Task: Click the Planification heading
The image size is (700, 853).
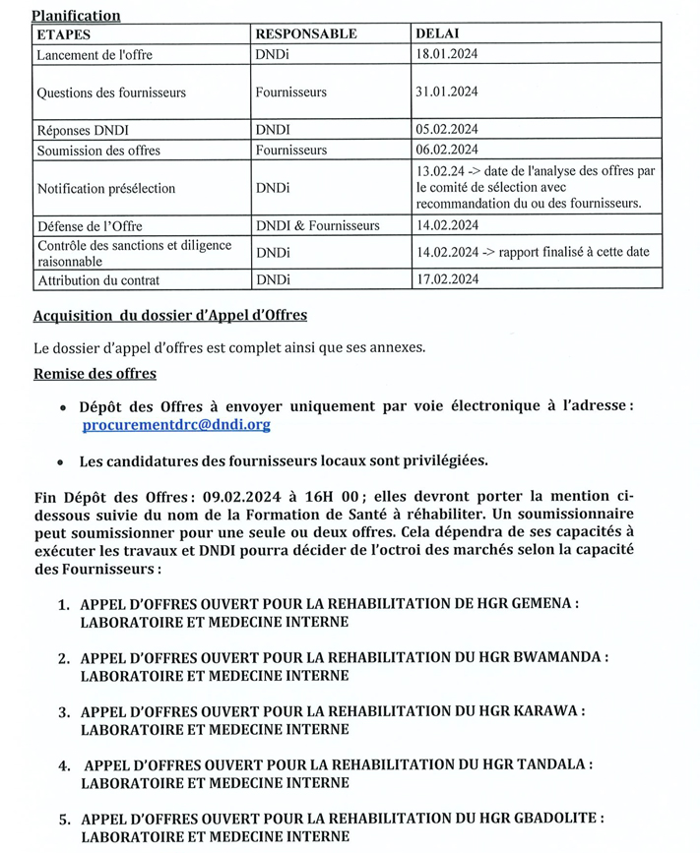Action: tap(76, 15)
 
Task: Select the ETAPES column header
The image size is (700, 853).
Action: tap(63, 33)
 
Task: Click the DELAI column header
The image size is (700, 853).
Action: tap(439, 33)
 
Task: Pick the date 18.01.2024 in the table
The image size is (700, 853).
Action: tap(449, 54)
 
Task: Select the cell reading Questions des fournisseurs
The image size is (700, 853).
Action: tap(111, 92)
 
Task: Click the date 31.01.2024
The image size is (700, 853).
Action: tap(449, 92)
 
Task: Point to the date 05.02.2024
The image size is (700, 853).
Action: tap(449, 129)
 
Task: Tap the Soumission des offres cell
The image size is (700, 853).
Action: tap(98, 150)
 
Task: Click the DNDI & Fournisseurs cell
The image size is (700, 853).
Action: tap(317, 225)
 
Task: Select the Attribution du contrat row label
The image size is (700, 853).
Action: tap(97, 279)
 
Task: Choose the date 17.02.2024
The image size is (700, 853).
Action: tap(449, 279)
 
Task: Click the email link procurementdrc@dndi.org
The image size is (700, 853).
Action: tap(177, 425)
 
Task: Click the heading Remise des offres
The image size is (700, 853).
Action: tap(95, 374)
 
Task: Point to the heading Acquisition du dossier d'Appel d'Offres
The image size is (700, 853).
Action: tap(169, 315)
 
